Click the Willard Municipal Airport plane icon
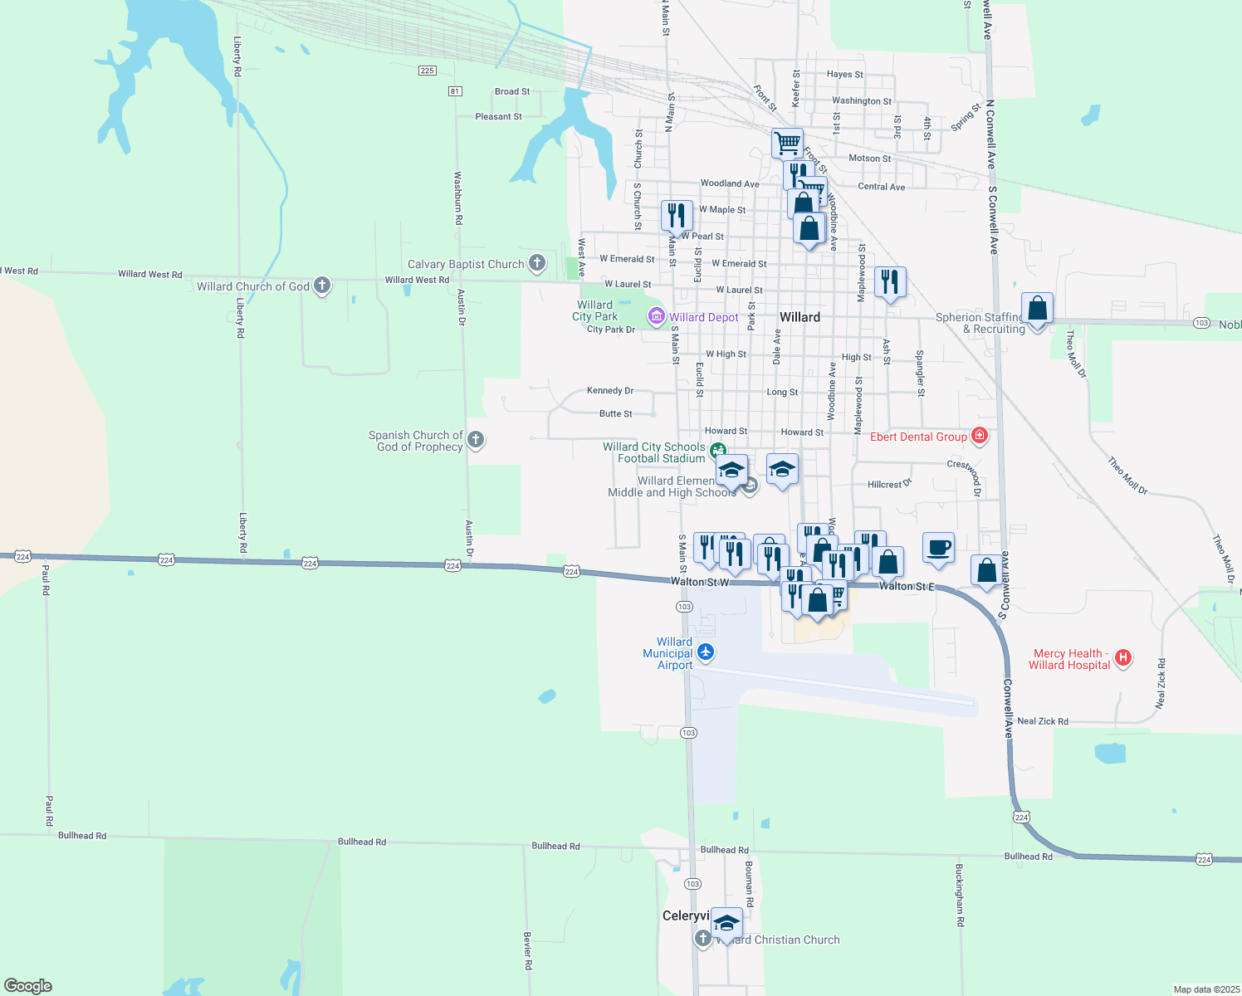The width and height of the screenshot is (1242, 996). point(706,652)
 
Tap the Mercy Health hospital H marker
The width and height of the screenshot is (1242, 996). point(1123,658)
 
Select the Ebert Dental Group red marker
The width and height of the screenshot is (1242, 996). point(980,436)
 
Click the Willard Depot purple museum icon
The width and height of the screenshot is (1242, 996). point(657,316)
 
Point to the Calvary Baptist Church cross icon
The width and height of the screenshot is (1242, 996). point(537,264)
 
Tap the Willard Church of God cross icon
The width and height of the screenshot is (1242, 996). point(322,286)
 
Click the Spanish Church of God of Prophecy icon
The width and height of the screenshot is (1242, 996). point(476,439)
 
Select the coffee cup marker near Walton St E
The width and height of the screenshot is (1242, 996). point(938,548)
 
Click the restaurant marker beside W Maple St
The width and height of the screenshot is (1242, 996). point(677,215)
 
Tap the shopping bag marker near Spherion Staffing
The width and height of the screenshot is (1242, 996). point(1037,309)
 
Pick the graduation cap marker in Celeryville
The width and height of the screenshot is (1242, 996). point(726,923)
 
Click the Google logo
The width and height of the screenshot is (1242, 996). point(28,986)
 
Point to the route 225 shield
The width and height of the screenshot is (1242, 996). point(427,71)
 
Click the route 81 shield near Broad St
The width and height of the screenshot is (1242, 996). point(455,90)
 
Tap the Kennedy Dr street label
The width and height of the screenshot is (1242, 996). point(609,390)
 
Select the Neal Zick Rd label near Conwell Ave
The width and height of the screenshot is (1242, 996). point(1042,721)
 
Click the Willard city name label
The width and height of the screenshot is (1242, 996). point(799,317)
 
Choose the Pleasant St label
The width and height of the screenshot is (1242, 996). point(498,116)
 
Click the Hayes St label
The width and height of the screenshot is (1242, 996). point(844,74)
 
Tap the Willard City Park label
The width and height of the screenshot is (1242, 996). point(595,310)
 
